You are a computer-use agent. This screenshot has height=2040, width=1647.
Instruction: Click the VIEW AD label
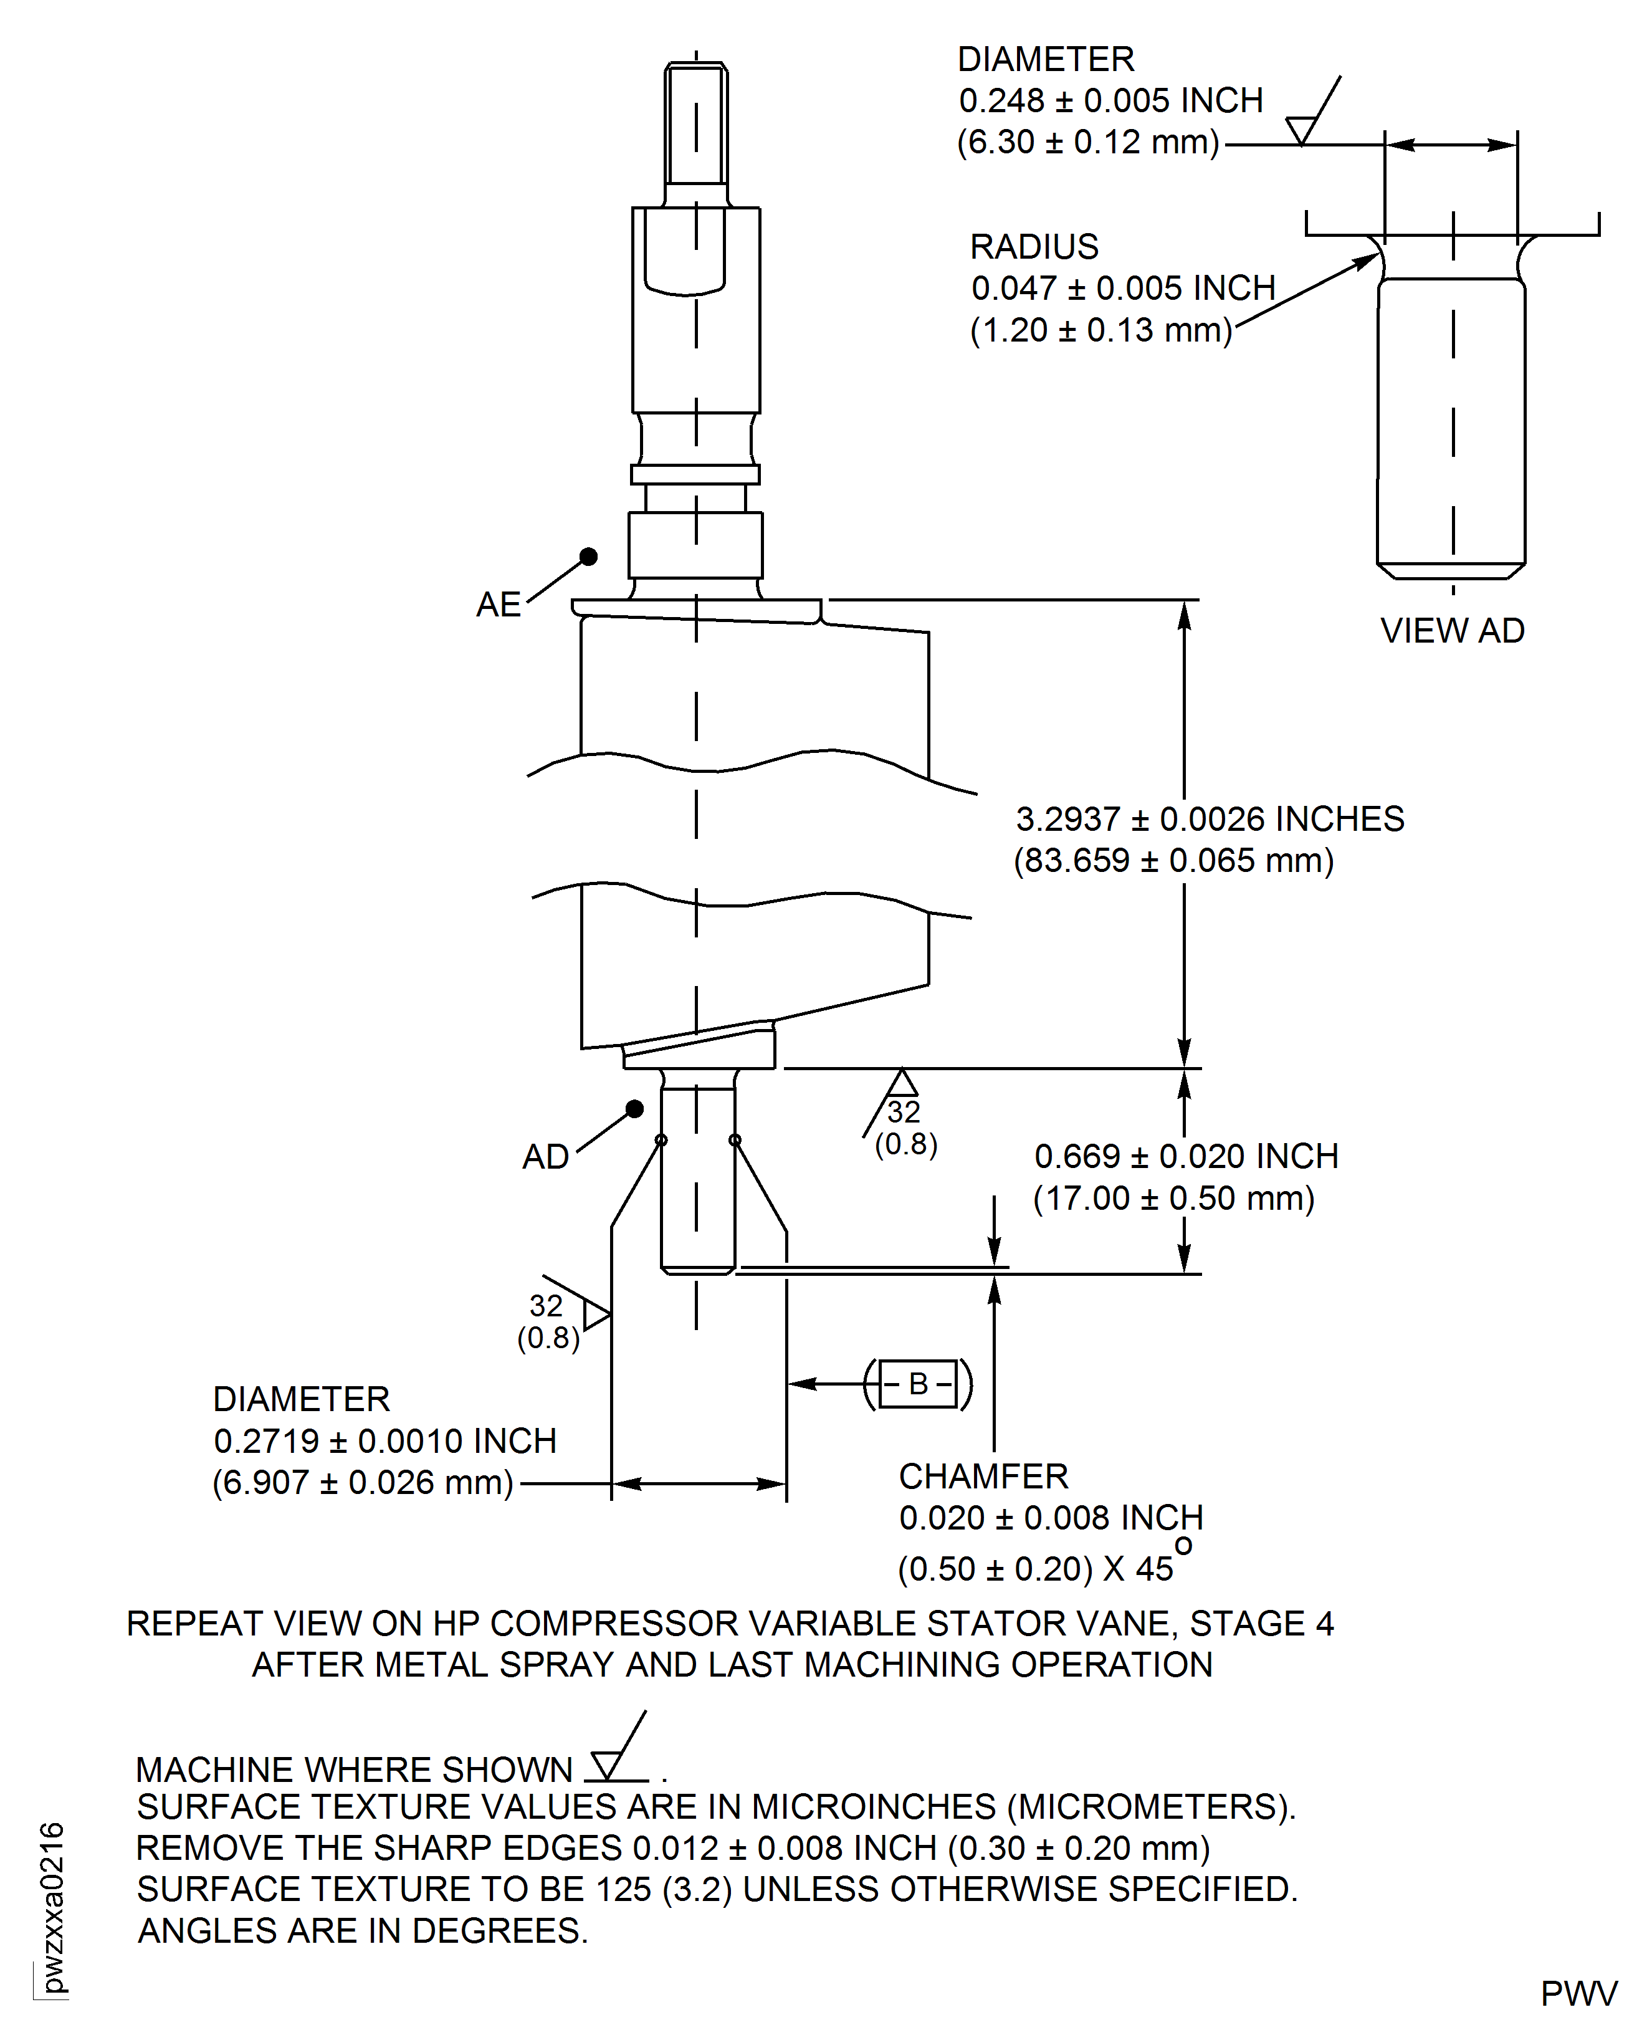(1451, 631)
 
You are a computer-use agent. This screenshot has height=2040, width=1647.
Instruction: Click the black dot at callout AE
(588, 557)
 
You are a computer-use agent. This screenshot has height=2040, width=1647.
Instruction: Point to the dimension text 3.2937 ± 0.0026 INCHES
(1210, 819)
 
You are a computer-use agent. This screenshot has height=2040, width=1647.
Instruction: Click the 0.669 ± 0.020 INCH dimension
(1186, 1157)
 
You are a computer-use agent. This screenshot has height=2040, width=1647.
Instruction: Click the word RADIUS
(1033, 247)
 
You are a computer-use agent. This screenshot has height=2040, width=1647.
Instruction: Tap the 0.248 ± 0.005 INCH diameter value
(1110, 100)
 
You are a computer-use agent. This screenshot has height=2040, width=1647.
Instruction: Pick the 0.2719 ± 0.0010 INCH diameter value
(384, 1441)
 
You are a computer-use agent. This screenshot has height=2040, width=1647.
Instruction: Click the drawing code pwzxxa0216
(52, 1908)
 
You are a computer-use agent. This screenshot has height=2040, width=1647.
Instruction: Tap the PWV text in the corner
(1578, 1995)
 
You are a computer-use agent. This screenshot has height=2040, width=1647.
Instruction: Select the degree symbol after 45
(1183, 1546)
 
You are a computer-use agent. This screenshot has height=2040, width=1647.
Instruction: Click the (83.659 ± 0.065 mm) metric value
(1173, 861)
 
